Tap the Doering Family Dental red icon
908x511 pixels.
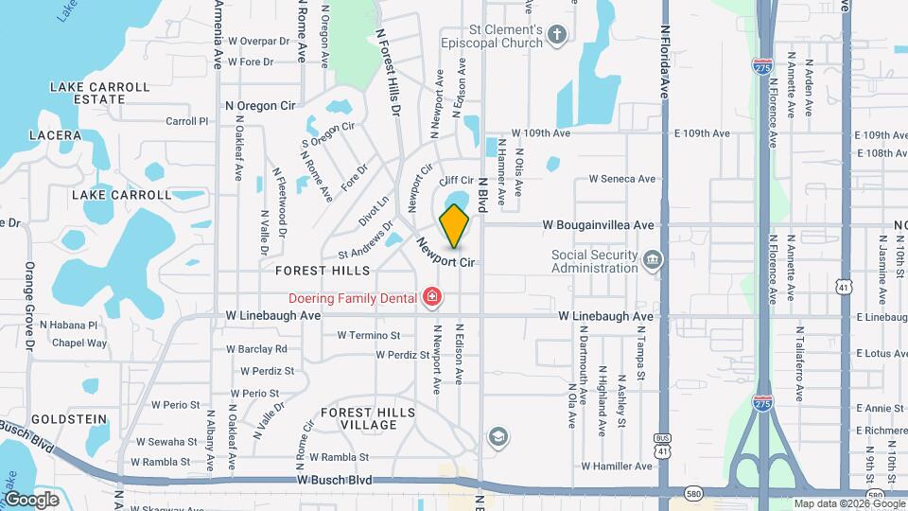(x=432, y=298)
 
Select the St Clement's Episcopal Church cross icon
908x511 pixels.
(x=557, y=36)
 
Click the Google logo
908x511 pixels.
(x=31, y=499)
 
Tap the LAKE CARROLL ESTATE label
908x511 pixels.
(x=99, y=93)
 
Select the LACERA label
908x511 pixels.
(x=55, y=135)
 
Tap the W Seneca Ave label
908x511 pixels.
(x=621, y=178)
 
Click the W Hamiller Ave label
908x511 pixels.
(x=617, y=466)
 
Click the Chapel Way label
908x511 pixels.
(x=79, y=344)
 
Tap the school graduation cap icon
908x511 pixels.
(x=497, y=436)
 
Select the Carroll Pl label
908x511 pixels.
(x=186, y=121)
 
